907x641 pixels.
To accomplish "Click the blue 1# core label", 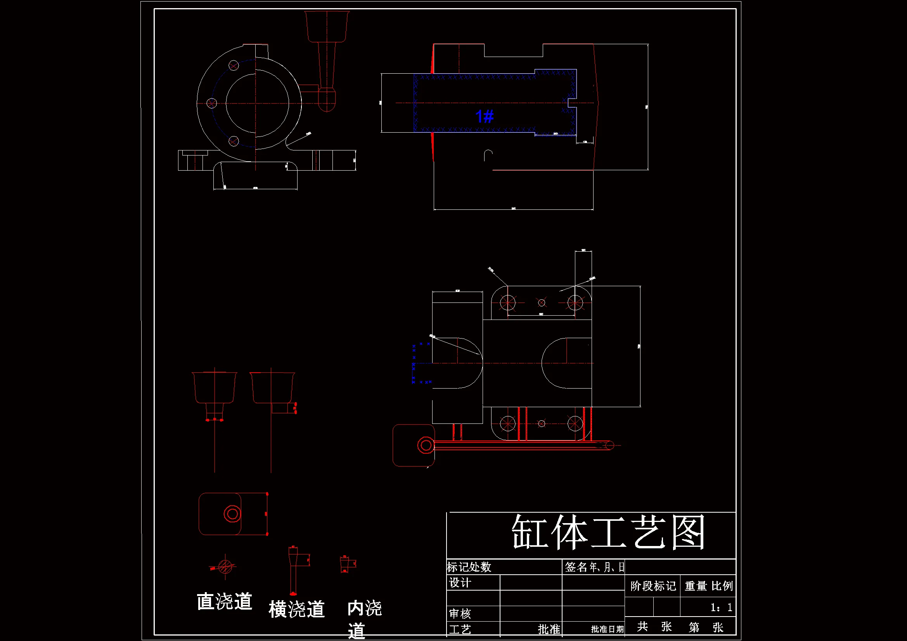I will tap(485, 116).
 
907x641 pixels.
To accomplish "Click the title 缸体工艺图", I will tap(608, 532).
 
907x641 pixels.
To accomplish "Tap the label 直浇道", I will tap(224, 601).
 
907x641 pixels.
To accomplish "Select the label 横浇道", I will tap(297, 609).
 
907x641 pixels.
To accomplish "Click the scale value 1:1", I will tap(721, 607).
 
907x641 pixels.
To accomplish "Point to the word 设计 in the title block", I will tap(460, 583).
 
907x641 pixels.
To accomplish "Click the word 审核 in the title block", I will tap(460, 613).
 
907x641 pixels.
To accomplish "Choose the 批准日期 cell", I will tap(607, 629).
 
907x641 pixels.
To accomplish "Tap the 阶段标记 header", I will tap(653, 586).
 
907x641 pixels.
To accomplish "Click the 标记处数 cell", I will tap(469, 567).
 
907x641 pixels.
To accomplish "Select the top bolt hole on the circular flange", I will tap(234, 65).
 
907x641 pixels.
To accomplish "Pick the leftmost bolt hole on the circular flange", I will tap(212, 104).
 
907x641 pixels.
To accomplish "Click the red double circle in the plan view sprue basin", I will tap(426, 446).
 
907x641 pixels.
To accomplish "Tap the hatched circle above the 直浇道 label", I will tap(225, 567).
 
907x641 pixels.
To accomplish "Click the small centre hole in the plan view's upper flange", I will tap(542, 302).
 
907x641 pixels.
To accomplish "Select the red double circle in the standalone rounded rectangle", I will tap(232, 514).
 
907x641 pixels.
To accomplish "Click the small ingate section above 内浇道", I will tap(345, 564).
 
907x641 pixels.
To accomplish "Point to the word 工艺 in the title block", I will tap(460, 629).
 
